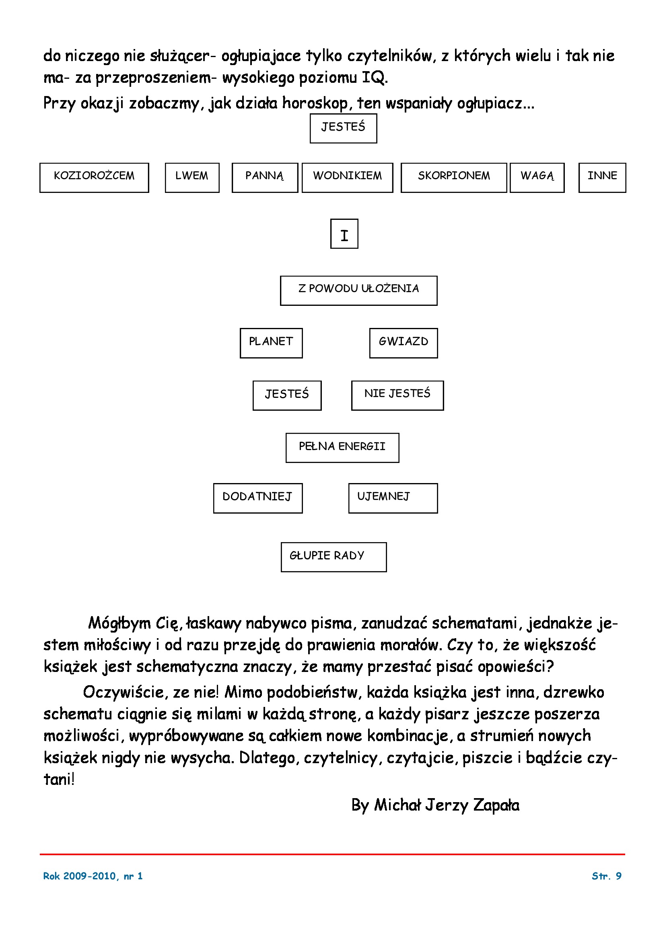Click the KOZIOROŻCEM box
94,178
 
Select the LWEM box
192,178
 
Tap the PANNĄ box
265,178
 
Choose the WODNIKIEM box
348,178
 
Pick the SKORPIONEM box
454,178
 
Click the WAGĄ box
537,178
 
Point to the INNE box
602,178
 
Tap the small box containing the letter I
344,234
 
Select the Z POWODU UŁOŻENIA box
358,291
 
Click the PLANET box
271,343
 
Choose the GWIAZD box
404,343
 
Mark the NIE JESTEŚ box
397,395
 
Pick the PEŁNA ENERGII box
342,448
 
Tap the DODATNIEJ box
258,498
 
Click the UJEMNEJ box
393,498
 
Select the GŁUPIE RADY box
334,557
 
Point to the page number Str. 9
606,876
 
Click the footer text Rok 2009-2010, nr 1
93,876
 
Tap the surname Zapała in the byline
496,805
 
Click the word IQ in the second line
374,78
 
